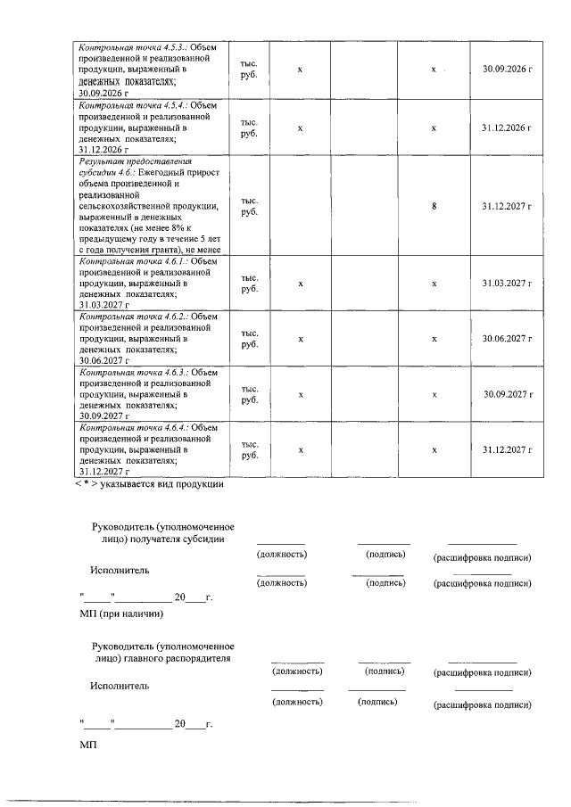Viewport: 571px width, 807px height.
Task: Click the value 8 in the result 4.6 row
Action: [x=434, y=206]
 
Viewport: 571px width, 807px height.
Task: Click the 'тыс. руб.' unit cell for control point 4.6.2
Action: [x=249, y=339]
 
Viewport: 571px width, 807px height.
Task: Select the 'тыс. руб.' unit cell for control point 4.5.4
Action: [x=249, y=128]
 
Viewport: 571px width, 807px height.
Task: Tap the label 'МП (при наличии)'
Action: [x=122, y=613]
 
